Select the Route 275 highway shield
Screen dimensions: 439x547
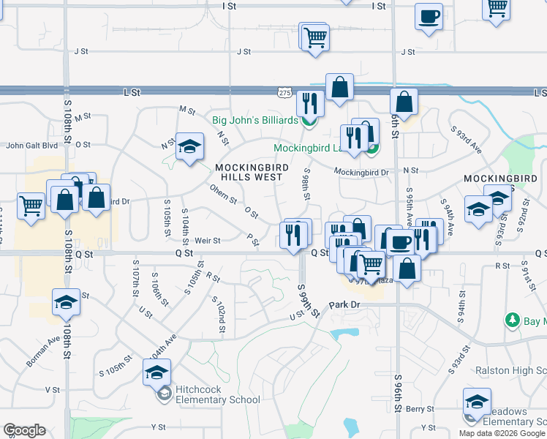coord(285,93)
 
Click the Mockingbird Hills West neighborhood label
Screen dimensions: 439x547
coord(249,172)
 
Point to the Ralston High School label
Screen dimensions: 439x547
coord(510,370)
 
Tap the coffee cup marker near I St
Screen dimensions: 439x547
coord(429,17)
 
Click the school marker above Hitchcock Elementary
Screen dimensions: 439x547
coord(157,372)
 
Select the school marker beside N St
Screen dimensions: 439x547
coord(189,146)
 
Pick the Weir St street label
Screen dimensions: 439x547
coord(208,239)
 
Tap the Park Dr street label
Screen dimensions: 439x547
coord(345,304)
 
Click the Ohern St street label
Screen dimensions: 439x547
coord(224,200)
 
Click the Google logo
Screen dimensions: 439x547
coord(23,431)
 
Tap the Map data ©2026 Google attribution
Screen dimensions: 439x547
coord(502,433)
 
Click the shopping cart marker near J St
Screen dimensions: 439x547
coord(315,37)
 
